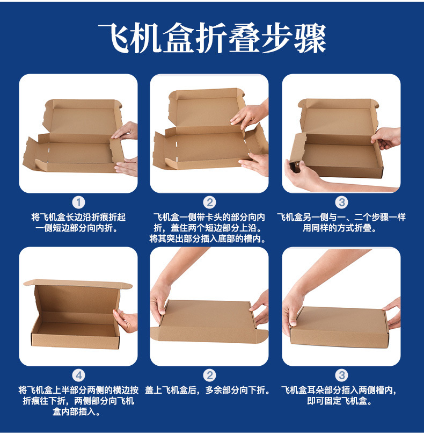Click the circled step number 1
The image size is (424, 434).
pyautogui.click(x=78, y=202)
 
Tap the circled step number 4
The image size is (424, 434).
pyautogui.click(x=78, y=375)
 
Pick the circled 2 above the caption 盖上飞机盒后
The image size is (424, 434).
pyautogui.click(x=209, y=375)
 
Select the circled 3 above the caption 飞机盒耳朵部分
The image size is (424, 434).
pyautogui.click(x=341, y=375)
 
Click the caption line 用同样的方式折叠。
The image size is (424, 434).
pyautogui.click(x=341, y=228)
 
